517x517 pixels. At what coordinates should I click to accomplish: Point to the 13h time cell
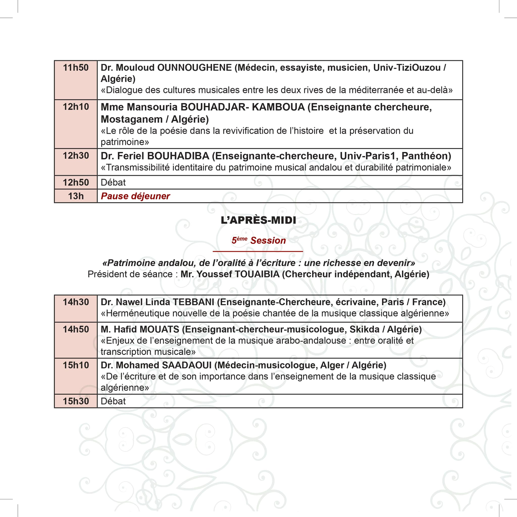point(76,196)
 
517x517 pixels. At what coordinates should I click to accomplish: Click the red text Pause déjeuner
point(135,196)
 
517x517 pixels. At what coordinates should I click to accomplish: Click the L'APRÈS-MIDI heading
point(258,220)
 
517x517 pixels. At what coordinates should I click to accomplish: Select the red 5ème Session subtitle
point(258,240)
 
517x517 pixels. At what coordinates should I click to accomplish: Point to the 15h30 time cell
point(76,401)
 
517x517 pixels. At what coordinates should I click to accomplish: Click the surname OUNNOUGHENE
point(194,68)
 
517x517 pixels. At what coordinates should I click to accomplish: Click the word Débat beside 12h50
point(113,183)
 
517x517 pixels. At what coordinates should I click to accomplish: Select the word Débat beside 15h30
point(113,401)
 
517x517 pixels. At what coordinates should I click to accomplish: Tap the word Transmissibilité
point(138,168)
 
